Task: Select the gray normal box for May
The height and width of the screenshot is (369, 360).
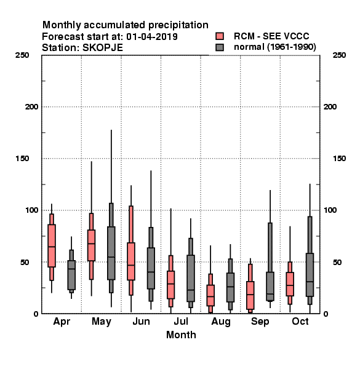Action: coord(111,253)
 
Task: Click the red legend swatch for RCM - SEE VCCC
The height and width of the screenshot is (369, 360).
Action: coord(220,36)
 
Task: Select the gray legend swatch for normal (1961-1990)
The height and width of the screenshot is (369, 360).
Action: coord(220,47)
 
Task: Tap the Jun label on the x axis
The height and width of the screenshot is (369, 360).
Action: coord(142,322)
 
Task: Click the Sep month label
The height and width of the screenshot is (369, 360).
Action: coord(260,322)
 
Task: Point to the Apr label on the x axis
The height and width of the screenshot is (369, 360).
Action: coord(62,322)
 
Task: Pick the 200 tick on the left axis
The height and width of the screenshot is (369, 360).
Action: coord(31,107)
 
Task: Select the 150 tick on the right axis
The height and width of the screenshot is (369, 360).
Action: coord(339,159)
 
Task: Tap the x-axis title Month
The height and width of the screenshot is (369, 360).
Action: coord(181,335)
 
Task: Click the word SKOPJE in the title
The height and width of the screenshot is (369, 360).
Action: coord(103,48)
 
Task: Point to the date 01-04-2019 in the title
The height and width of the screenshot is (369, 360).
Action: coord(152,37)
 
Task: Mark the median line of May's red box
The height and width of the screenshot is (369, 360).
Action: coord(91,244)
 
